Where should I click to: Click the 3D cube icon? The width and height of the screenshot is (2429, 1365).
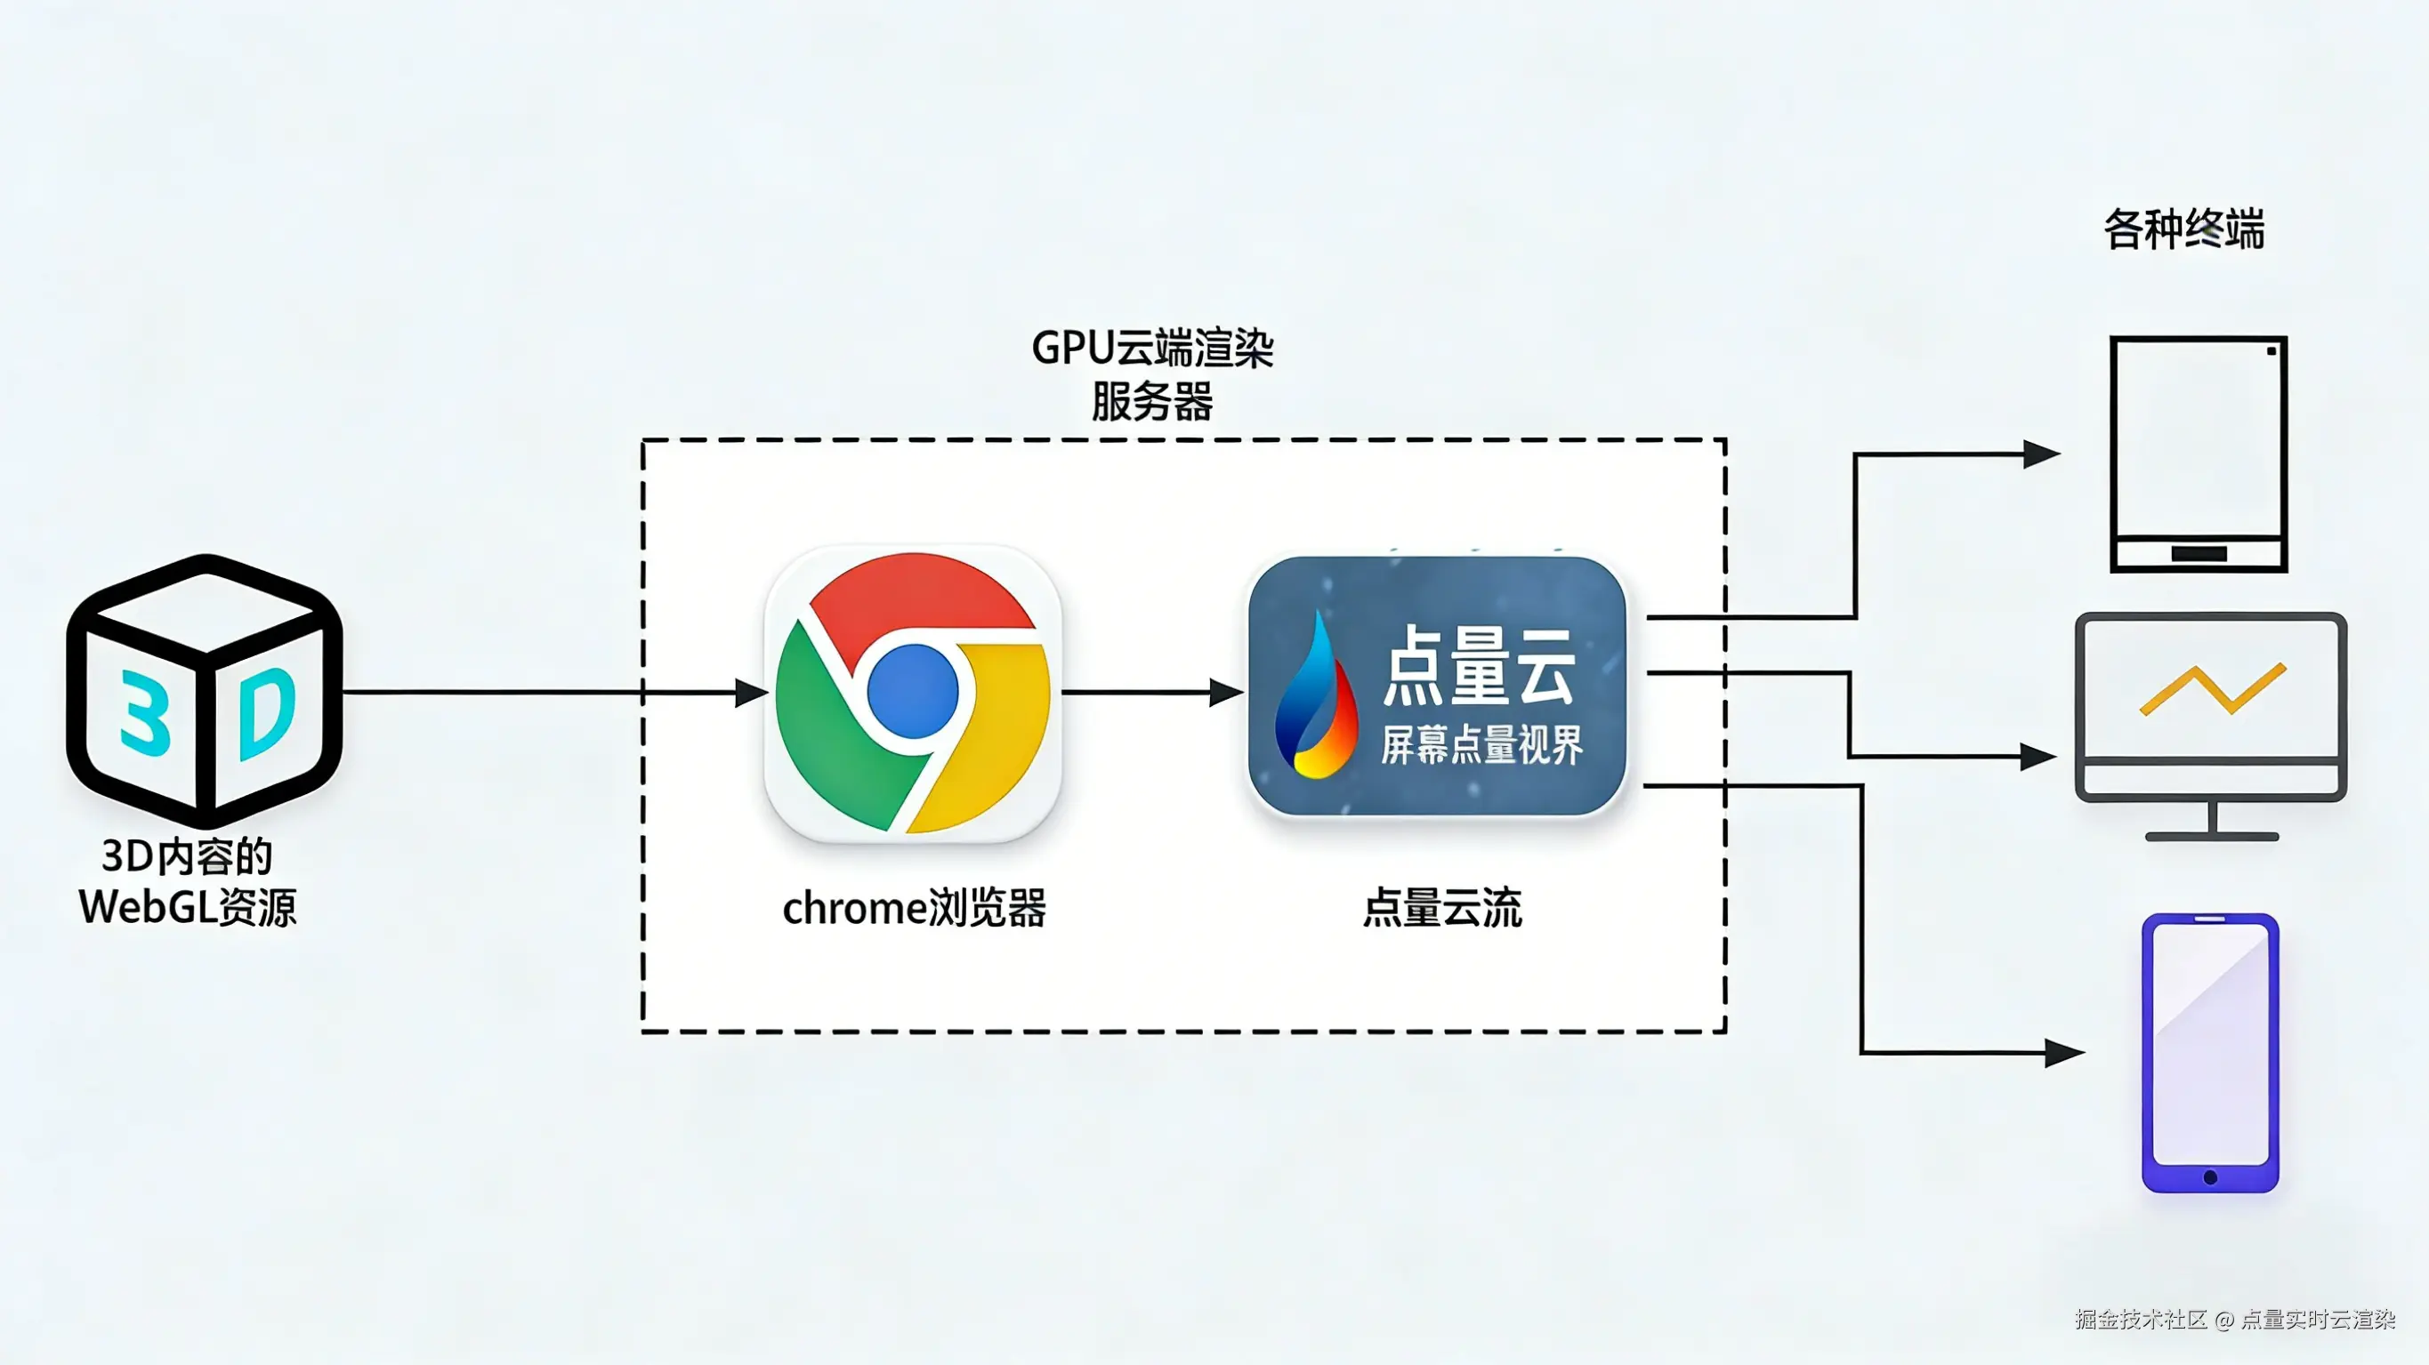pos(204,691)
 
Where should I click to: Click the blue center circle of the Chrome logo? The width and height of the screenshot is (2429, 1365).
pos(912,691)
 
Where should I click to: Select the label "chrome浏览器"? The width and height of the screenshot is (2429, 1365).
pos(914,909)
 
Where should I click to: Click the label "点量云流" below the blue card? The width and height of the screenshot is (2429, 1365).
pos(1441,909)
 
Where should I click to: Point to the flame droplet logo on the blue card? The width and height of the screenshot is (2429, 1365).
pos(1315,697)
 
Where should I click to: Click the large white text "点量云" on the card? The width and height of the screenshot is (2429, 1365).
pos(1479,665)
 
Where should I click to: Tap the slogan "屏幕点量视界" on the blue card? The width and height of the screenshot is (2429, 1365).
pos(1481,744)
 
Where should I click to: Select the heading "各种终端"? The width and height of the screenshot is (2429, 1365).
pos(2183,229)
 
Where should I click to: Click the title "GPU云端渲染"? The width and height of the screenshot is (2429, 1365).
pos(1152,348)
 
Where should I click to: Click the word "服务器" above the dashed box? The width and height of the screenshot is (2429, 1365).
pos(1152,403)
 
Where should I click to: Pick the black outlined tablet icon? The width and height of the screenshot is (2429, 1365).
pos(2198,454)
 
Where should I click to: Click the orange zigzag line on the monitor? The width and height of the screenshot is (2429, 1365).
pos(2212,690)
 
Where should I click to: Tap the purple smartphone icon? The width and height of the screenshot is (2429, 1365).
pos(2210,1052)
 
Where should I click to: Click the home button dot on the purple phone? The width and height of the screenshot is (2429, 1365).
pos(2210,1177)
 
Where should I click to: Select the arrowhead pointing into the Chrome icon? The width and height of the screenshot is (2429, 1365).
pos(751,693)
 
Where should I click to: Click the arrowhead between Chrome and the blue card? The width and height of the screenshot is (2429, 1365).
pos(1225,693)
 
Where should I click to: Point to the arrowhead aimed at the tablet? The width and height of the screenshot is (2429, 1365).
pos(2040,454)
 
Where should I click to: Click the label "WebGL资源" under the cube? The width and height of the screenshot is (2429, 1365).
pos(188,908)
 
